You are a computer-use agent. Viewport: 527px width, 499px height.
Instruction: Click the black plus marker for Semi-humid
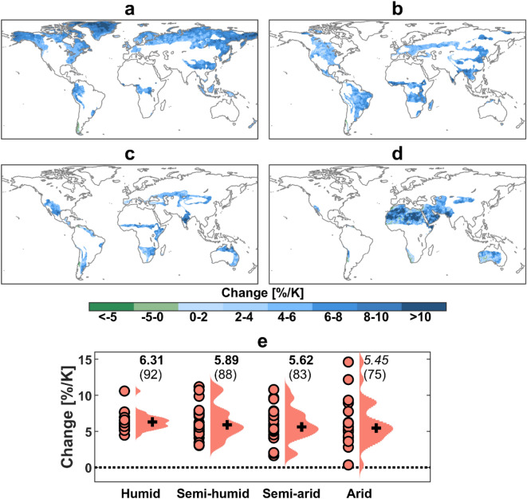(x=228, y=425)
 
